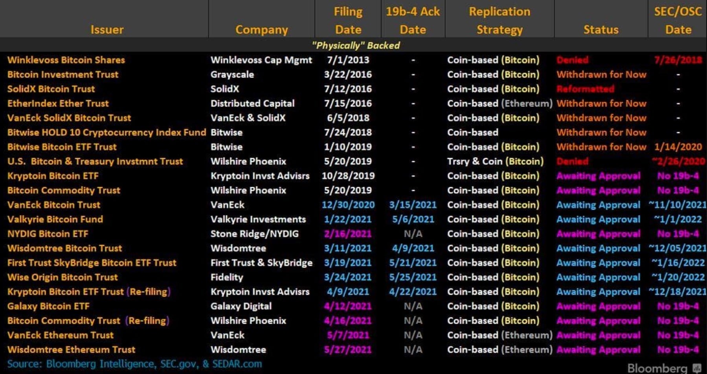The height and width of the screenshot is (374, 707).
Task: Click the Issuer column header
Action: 107,29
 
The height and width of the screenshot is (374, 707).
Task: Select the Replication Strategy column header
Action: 499,20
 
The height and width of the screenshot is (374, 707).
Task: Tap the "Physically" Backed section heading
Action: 356,46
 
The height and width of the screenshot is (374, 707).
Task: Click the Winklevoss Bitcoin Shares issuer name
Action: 66,60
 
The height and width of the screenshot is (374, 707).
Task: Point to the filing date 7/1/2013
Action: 348,60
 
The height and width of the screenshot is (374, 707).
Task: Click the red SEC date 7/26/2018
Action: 678,60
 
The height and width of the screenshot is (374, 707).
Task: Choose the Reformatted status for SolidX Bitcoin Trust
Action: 585,89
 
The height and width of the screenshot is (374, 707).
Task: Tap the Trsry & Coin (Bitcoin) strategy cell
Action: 495,162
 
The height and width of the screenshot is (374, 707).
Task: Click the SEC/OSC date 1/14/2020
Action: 678,147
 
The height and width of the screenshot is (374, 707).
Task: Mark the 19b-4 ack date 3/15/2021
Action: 413,205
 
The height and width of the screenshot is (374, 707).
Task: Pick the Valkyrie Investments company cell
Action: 258,219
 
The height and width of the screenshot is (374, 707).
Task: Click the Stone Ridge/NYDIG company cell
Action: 254,234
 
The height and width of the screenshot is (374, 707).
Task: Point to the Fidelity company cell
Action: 227,278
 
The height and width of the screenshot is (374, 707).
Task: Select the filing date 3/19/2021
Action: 348,263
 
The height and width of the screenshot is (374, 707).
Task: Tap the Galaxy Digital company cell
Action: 241,306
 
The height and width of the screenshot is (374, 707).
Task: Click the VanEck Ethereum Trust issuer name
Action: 61,335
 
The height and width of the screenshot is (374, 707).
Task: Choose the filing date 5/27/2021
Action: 348,350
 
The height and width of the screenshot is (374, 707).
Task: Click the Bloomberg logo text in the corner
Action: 657,368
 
